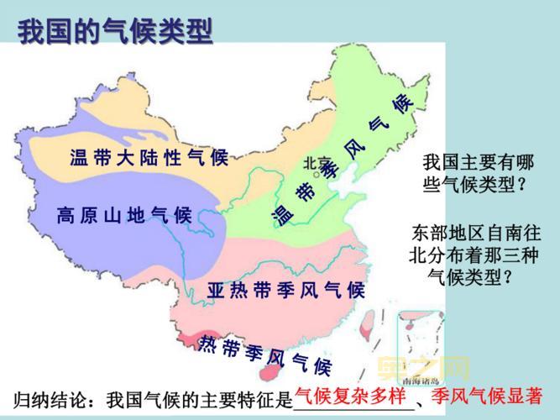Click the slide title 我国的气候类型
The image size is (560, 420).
click(x=115, y=31)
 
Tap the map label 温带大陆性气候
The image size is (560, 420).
click(x=149, y=157)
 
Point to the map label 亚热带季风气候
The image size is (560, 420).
click(x=285, y=291)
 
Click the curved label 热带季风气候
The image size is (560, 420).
click(x=265, y=355)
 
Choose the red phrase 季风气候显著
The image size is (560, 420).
click(x=483, y=396)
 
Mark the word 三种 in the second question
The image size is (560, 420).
click(x=520, y=253)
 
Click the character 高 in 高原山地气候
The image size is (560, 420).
click(x=65, y=215)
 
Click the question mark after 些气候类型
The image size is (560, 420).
click(x=522, y=183)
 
